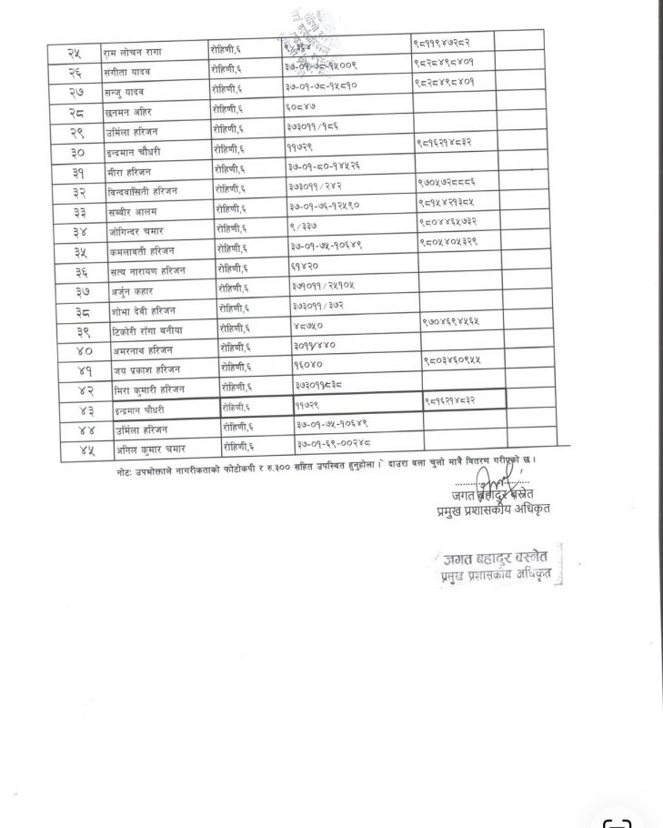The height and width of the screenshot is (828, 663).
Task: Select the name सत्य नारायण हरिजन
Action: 142,270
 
